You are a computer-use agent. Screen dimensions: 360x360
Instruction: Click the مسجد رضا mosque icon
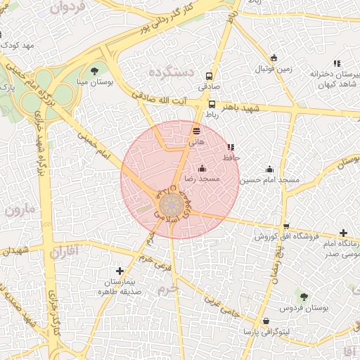202,168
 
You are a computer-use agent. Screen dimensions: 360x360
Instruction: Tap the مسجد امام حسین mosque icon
269,169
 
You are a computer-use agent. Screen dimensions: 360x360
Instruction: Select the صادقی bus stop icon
209,77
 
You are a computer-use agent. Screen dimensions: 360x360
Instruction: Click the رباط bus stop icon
212,104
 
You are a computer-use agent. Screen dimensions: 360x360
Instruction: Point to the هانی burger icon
196,131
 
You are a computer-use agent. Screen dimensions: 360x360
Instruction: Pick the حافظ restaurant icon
231,148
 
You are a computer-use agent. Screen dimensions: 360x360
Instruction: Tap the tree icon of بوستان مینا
95,71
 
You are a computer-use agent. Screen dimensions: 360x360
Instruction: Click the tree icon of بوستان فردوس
304,297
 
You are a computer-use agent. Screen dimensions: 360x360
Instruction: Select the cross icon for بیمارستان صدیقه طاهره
120,271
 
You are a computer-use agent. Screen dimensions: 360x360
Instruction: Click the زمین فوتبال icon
274,58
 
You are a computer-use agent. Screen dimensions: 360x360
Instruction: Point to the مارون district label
19,209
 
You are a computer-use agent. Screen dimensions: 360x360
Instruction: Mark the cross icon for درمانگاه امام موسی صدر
343,233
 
